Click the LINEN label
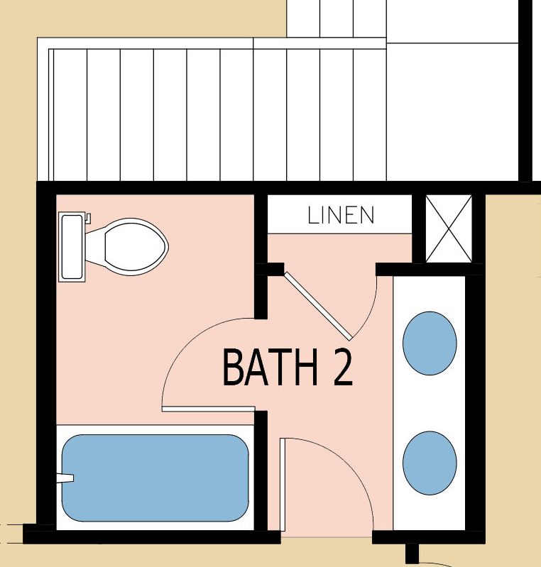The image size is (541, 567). [x=341, y=215]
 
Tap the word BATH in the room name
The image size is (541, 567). [x=270, y=367]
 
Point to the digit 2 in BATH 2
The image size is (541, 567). [x=343, y=367]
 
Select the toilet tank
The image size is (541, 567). [x=72, y=247]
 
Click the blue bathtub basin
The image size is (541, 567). [x=155, y=478]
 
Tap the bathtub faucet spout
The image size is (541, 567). [x=65, y=478]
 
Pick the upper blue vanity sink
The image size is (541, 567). [x=430, y=343]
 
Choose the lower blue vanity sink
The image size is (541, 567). [x=430, y=463]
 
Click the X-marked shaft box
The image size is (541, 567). [x=449, y=229]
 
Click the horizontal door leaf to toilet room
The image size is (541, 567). [x=209, y=409]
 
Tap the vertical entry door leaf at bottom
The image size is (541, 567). [x=283, y=485]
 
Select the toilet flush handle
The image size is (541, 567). [x=88, y=219]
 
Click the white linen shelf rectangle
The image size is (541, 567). [x=339, y=214]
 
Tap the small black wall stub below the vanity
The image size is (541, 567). [x=412, y=553]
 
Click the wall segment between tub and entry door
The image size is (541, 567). [x=261, y=470]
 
